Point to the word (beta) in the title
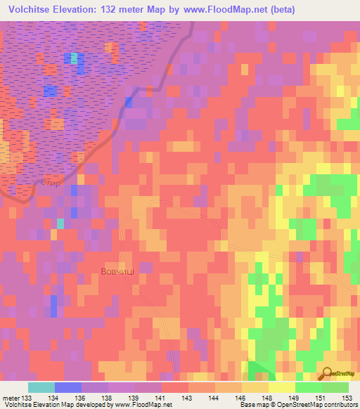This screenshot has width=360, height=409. pos(277,9)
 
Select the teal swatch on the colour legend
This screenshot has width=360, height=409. pos(41,387)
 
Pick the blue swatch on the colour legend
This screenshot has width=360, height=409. pos(67,387)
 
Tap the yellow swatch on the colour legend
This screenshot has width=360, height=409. pos(281,387)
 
